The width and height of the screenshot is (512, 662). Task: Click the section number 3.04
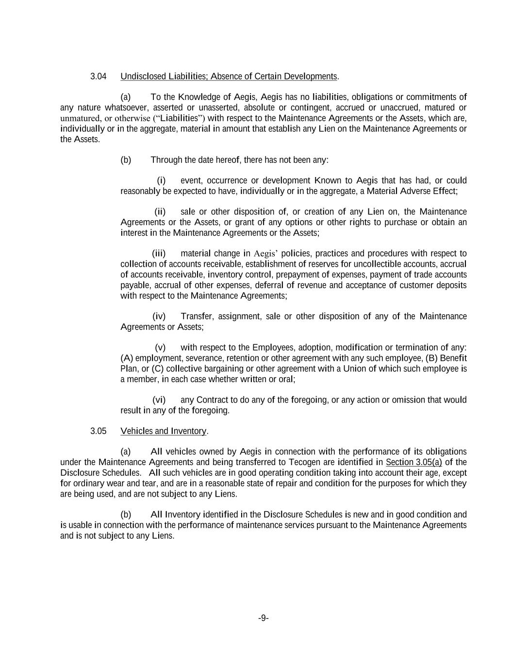point(98,77)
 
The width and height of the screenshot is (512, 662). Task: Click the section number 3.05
point(98,431)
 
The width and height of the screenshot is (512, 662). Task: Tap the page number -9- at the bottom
point(263,618)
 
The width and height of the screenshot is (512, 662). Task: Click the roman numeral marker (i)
point(162,181)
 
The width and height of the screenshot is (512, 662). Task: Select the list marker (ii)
point(160,212)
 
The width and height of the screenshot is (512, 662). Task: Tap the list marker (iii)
point(159,254)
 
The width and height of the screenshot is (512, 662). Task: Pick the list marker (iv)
point(159,317)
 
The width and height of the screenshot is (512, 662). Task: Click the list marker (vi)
point(159,400)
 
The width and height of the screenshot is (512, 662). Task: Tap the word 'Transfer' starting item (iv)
point(197,317)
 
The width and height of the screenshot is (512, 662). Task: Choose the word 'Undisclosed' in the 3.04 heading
point(143,77)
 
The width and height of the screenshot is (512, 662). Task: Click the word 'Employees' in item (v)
point(273,348)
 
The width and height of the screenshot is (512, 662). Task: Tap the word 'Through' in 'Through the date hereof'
point(166,160)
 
